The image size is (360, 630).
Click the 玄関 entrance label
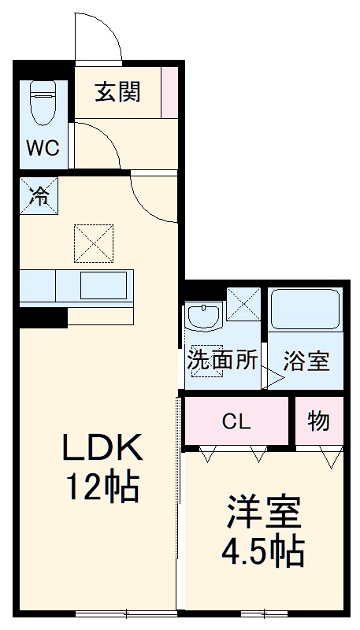119,92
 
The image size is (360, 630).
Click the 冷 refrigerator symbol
39,195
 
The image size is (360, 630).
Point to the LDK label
102,450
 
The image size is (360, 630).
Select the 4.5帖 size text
264,551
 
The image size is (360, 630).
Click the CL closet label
236,421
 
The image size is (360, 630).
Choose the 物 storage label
318,421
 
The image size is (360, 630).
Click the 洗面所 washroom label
222,361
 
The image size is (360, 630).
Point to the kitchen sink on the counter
103,286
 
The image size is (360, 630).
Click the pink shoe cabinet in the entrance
169,93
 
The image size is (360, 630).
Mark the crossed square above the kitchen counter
94,243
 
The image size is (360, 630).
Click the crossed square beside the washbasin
243,304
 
